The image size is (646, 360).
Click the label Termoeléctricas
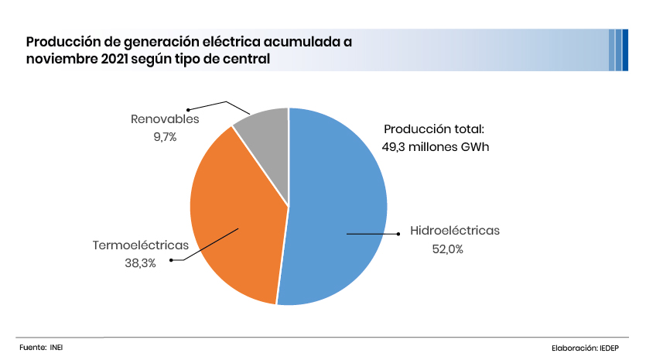coord(141,245)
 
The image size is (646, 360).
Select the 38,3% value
coord(140,263)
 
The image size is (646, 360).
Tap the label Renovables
coord(165,119)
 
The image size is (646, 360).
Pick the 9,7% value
coord(165,137)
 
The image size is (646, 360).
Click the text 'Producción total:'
coord(434,129)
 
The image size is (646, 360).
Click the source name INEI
coord(56,348)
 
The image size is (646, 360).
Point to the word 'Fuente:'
coord(32,348)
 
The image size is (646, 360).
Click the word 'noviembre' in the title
coord(61,60)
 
